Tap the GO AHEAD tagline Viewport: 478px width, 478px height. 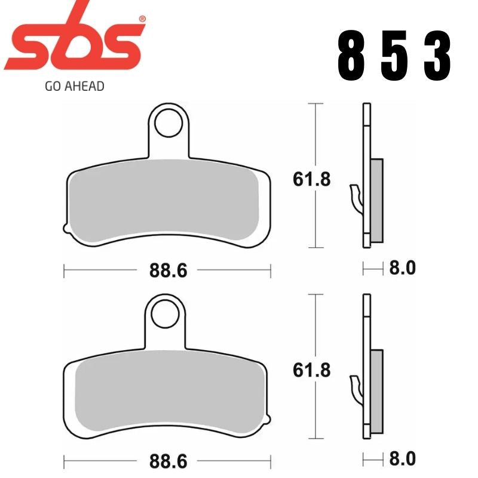75,86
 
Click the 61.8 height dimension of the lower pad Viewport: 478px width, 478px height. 312,370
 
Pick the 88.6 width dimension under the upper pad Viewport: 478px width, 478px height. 169,270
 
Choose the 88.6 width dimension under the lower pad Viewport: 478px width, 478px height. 169,462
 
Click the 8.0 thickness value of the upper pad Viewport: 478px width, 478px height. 402,268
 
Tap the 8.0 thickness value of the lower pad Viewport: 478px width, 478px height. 402,458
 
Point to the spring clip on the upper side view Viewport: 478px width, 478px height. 356,197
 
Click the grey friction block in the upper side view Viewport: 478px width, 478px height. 376,200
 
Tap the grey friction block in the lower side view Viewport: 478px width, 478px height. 377,391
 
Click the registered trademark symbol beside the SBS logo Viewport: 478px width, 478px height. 142,20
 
